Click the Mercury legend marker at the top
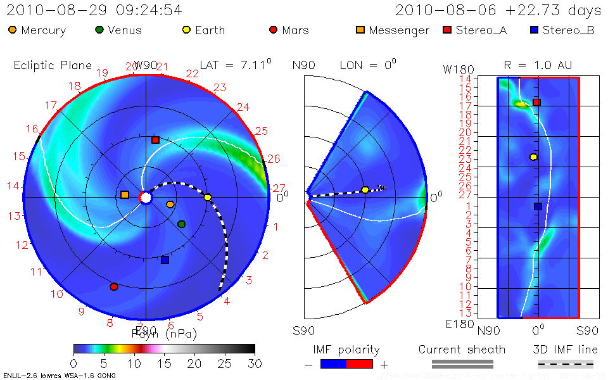(13, 30)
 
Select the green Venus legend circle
(99, 30)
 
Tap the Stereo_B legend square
(534, 30)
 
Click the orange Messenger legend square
(360, 30)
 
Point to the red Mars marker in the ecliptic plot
(114, 287)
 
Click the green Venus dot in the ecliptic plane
(182, 224)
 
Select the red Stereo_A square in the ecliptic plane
(155, 140)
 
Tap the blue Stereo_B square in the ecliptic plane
(165, 260)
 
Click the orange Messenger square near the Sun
(125, 194)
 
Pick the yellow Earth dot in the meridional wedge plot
(365, 190)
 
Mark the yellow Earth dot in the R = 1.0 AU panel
(533, 156)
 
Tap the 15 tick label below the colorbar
(165, 364)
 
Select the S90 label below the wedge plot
(303, 331)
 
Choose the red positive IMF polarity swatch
(360, 364)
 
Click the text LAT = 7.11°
(236, 65)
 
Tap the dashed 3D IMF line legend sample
(566, 364)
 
